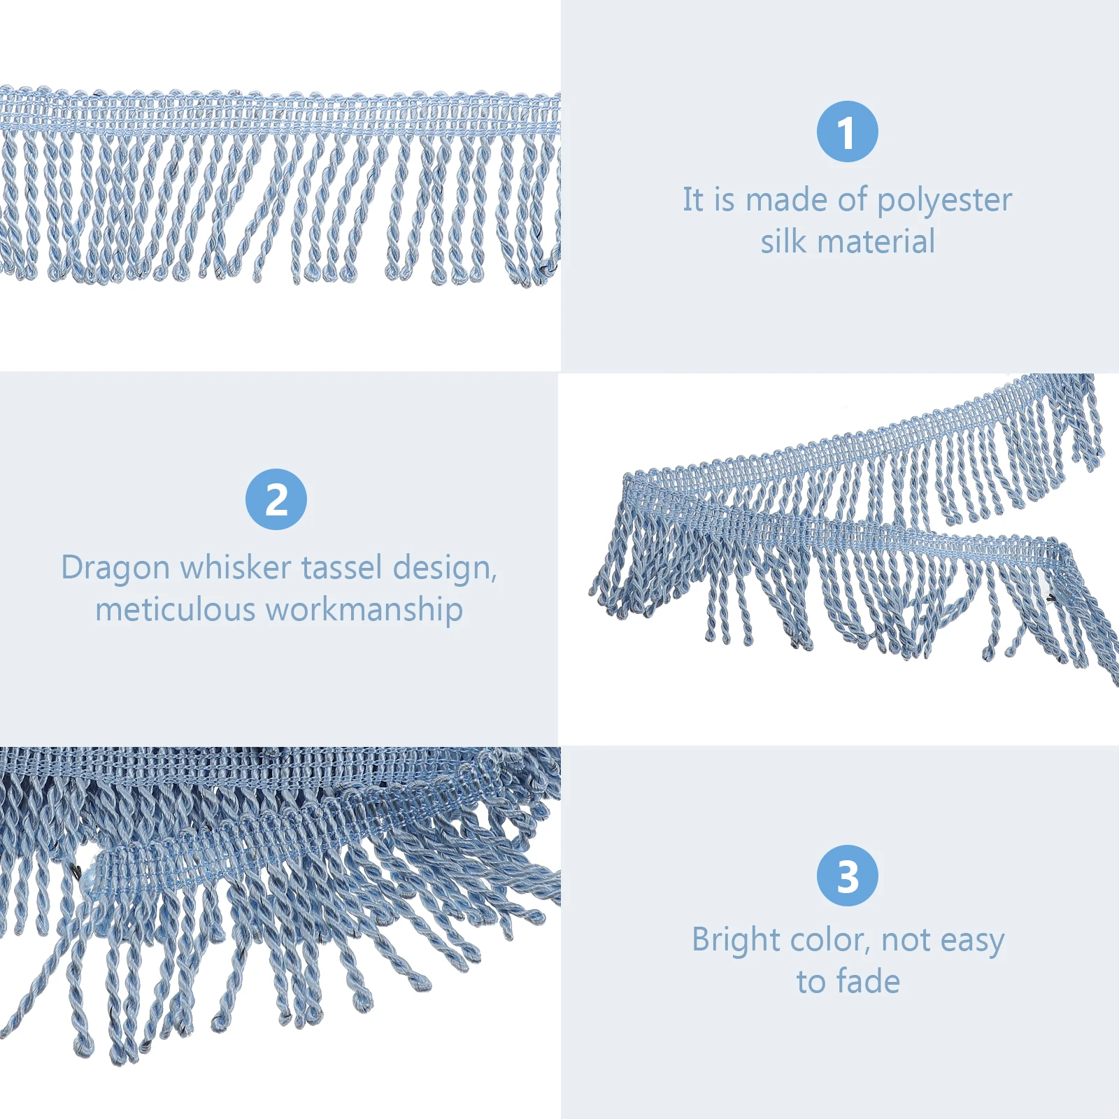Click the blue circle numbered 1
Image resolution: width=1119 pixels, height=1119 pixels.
click(847, 131)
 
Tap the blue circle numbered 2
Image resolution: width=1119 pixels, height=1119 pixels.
click(276, 499)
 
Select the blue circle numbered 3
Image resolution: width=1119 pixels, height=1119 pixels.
click(847, 875)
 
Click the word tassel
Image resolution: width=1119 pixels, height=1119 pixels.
click(336, 567)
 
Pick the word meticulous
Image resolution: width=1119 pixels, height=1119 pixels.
click(176, 609)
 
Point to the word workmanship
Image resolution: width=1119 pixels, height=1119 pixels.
click(364, 610)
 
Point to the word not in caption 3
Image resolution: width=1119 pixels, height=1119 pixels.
click(906, 941)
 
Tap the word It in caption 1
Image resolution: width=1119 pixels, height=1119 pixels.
click(693, 199)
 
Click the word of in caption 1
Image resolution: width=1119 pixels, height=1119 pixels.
click(853, 199)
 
